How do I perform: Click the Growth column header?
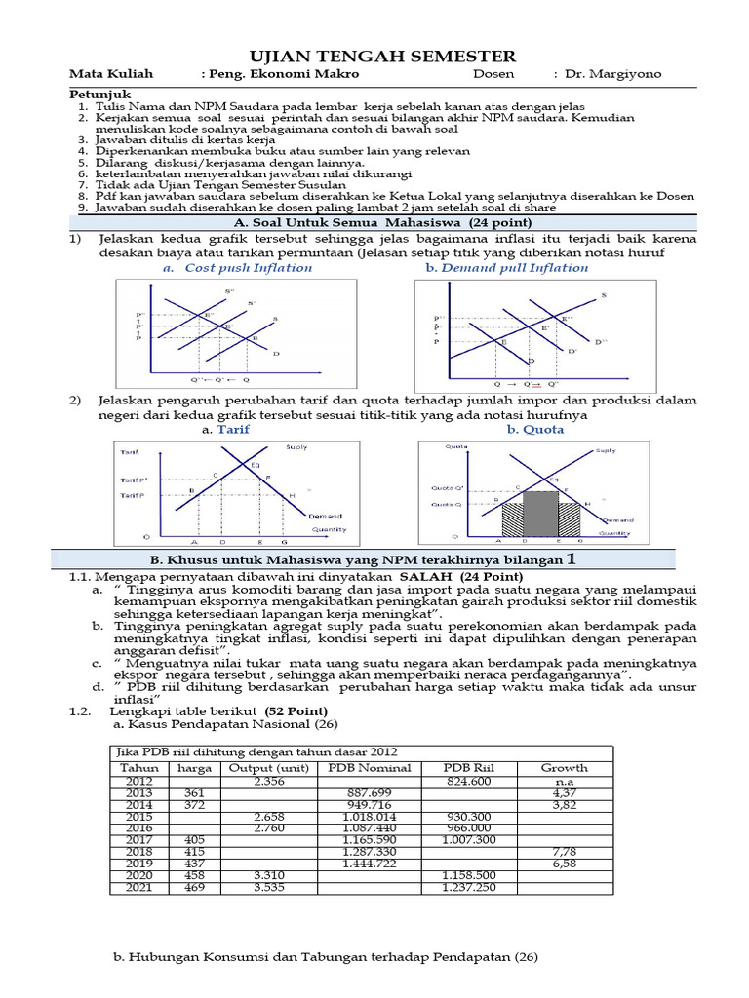pos(565,768)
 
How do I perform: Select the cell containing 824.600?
pos(469,782)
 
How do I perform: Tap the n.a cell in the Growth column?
pos(565,782)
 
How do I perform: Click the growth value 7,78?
pos(565,851)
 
